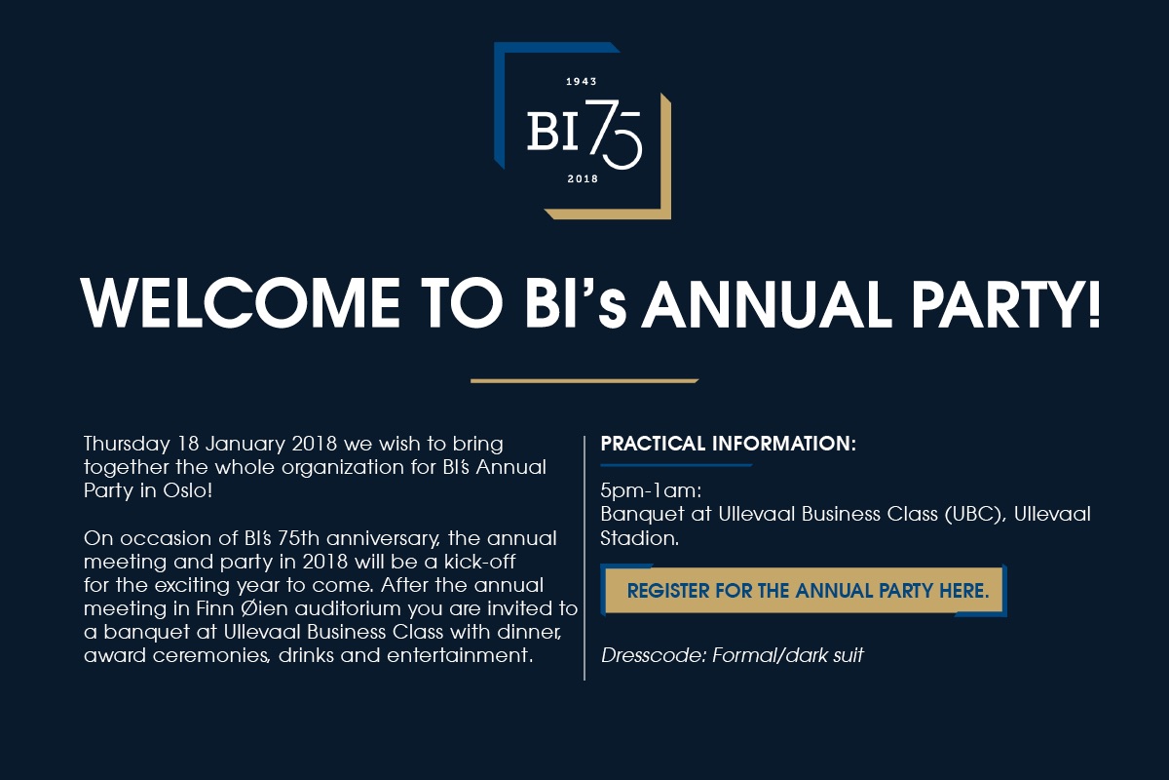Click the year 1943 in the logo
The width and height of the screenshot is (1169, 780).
581,82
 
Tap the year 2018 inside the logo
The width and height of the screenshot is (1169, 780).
582,179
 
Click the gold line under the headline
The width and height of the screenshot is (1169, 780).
584,380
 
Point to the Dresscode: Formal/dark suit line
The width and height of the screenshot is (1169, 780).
732,655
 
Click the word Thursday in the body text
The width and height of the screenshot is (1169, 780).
123,444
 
